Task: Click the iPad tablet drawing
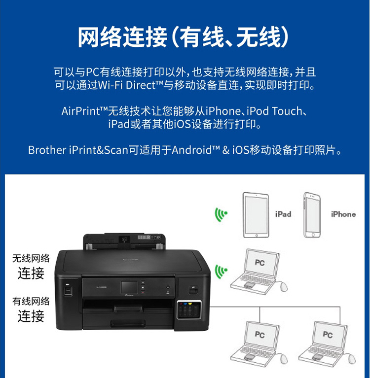256,215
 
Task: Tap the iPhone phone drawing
312,215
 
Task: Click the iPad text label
283,214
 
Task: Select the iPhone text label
343,214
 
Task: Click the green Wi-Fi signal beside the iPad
221,214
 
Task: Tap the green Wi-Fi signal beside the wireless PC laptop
221,272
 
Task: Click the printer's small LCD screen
129,287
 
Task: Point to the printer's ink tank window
189,309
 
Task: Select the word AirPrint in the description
80,111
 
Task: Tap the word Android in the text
191,150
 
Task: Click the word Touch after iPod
287,111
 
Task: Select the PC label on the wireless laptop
259,262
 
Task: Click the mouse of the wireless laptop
284,287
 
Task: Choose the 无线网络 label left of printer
31,258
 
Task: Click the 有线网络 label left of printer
31,301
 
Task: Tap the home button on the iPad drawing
257,235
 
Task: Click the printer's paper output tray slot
128,309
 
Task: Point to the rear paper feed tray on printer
124,241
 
